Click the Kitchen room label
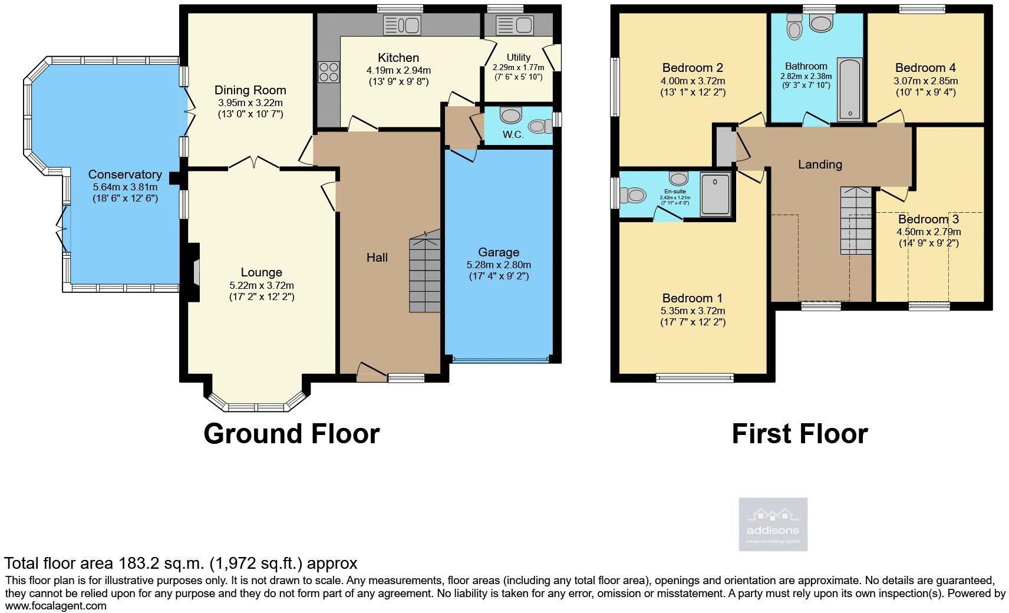(398, 58)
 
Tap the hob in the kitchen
(329, 72)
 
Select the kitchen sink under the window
(401, 25)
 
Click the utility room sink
(514, 25)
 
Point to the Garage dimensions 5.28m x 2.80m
(499, 265)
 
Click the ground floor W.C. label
(513, 135)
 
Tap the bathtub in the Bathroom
(850, 89)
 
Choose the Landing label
(820, 164)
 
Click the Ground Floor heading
(291, 434)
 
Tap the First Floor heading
(799, 434)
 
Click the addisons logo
(773, 524)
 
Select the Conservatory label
(125, 174)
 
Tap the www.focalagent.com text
(56, 605)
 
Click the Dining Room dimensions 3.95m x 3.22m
(250, 103)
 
